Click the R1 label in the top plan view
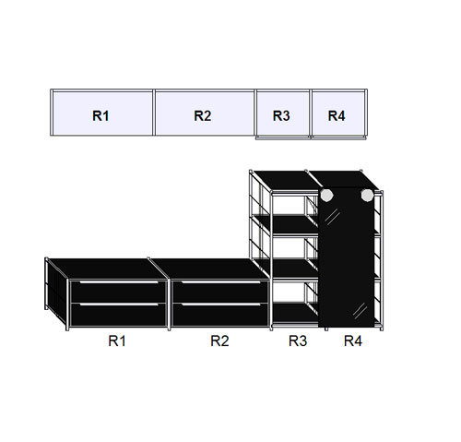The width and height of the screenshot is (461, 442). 100,115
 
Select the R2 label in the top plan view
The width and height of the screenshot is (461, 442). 203,115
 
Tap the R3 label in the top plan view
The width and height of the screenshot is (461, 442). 281,115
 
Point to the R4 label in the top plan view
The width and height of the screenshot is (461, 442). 337,115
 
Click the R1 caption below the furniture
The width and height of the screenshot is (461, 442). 117,340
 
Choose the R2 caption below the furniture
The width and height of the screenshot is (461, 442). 219,340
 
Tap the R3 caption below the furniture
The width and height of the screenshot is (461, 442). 298,340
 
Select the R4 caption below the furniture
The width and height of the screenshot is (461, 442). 353,340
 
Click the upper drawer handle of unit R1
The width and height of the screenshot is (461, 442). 119,282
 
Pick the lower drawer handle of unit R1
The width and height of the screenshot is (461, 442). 119,305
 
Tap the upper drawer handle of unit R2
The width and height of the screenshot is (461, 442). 221,282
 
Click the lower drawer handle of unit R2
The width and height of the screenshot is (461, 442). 221,305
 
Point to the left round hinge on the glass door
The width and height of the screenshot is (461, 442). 326,195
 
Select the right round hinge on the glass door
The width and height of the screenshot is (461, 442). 367,195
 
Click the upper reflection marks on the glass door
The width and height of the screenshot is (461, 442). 332,216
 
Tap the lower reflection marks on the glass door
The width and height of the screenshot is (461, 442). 360,310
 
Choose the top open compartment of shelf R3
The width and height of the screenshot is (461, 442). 295,206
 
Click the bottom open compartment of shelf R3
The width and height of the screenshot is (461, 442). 295,293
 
